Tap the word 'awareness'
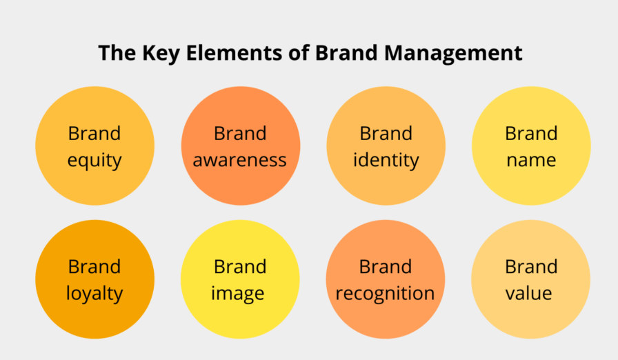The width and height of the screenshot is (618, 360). (239, 160)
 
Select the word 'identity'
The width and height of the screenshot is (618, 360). (386, 160)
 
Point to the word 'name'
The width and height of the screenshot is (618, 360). (531, 160)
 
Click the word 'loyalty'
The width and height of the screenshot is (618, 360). (94, 294)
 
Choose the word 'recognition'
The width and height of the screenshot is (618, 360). (385, 294)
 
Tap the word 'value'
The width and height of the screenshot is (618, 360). (528, 293)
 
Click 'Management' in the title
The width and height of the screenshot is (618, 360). (453, 53)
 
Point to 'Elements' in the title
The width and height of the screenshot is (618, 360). (234, 53)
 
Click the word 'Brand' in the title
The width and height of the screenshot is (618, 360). (346, 53)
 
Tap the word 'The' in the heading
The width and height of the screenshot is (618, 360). (117, 53)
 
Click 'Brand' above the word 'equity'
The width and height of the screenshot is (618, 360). (94, 134)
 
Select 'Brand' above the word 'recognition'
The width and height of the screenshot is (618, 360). (386, 267)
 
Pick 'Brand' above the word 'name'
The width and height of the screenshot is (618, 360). (531, 134)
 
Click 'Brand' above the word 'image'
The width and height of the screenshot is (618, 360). (240, 267)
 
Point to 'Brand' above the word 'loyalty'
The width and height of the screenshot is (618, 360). (94, 267)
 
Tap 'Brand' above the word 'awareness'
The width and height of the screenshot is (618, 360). (240, 134)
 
